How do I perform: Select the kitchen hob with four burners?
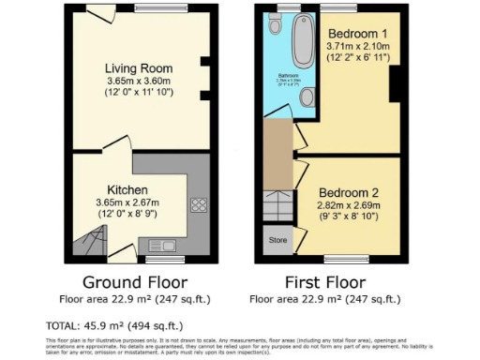point(199,203)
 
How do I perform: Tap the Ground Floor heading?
point(135,282)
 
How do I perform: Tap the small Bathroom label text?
point(287,75)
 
